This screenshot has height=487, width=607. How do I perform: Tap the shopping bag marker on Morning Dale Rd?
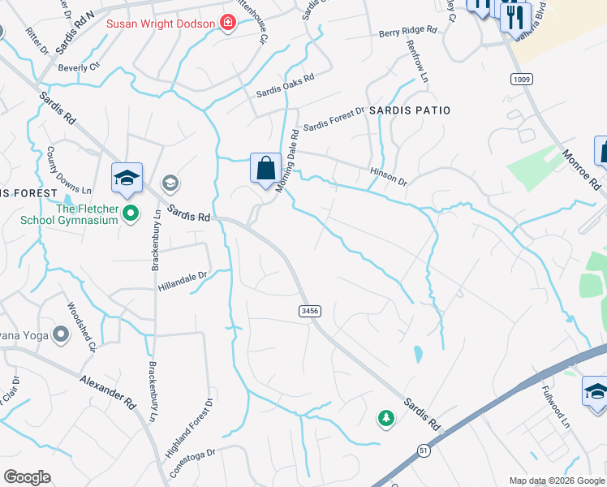265,169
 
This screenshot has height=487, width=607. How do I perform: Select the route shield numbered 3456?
308,311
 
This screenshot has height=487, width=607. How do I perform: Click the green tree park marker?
386,418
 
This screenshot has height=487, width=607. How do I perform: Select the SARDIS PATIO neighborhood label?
409,110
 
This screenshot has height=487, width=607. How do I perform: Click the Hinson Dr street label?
388,176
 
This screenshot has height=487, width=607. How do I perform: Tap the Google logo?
28,476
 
